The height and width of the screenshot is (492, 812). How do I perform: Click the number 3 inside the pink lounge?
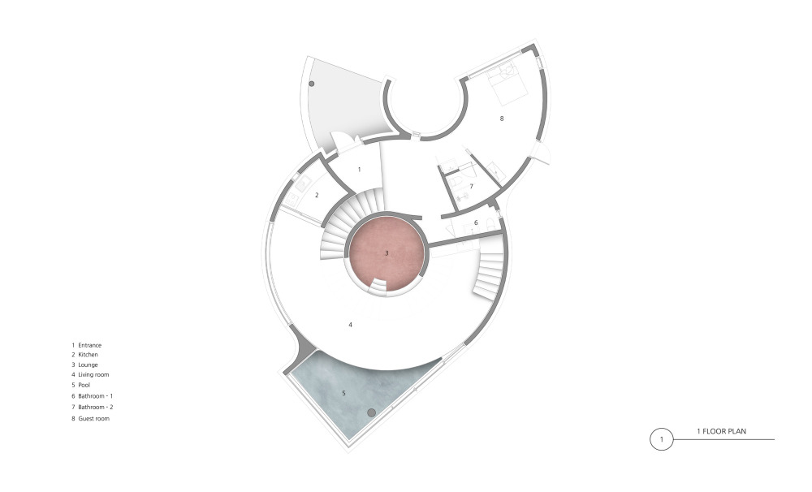point(387,253)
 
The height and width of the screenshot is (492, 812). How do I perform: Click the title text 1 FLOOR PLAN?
point(721,431)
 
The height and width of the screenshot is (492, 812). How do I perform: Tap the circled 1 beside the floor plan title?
point(661,439)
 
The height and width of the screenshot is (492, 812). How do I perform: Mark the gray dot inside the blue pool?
point(371,412)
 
